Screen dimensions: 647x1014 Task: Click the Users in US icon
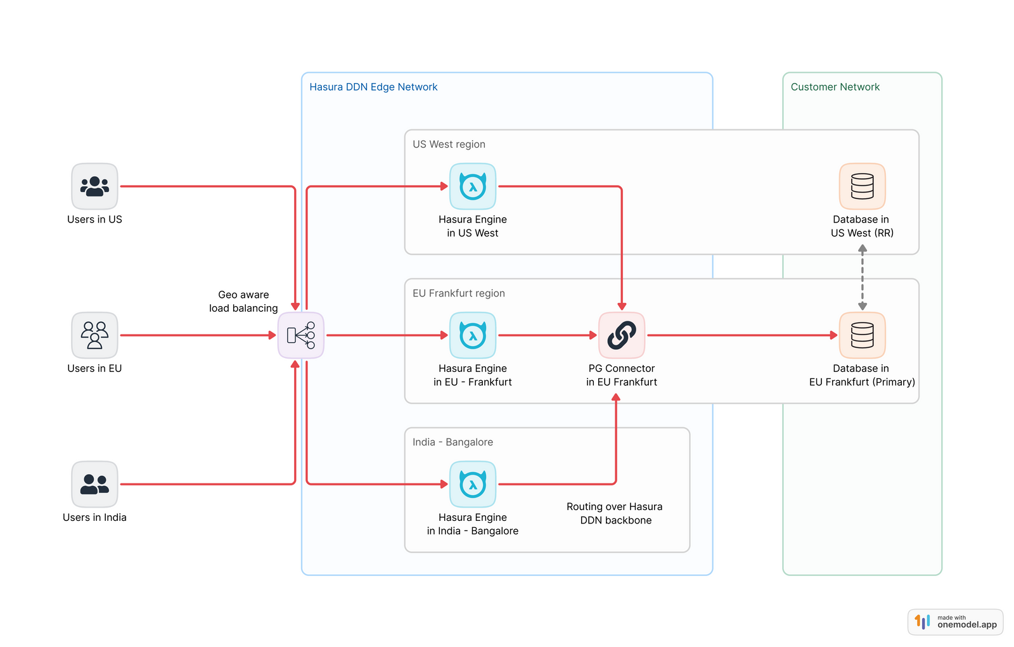[94, 186]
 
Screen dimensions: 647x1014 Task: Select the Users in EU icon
[94, 335]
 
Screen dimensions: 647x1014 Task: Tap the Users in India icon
[94, 484]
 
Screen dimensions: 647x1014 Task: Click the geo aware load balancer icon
[301, 335]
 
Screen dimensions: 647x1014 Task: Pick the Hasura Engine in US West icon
[473, 186]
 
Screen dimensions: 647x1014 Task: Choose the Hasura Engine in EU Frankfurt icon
[473, 335]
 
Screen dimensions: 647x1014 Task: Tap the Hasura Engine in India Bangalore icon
[473, 484]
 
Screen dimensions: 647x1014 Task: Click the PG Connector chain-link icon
[622, 335]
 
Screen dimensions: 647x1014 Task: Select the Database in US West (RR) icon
[862, 186]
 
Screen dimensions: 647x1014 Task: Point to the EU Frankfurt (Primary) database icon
[862, 335]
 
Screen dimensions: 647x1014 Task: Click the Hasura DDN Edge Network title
[373, 87]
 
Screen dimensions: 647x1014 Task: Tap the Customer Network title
[835, 87]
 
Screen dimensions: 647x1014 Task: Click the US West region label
[449, 144]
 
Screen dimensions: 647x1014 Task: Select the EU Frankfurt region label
[458, 293]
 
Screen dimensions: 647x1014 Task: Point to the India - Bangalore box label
[452, 442]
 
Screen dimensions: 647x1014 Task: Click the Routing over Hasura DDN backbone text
[615, 513]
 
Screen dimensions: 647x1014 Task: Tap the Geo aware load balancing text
[243, 302]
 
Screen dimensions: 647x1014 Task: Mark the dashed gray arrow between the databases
[862, 278]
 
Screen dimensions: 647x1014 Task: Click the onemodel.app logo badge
[955, 622]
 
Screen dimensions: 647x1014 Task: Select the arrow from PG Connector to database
[741, 335]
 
